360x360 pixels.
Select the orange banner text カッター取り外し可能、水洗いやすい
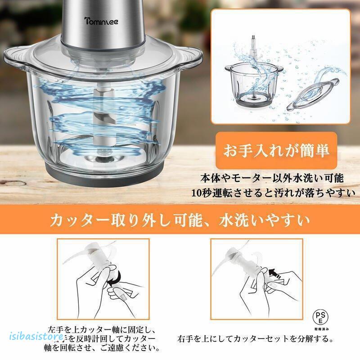(180, 220)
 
